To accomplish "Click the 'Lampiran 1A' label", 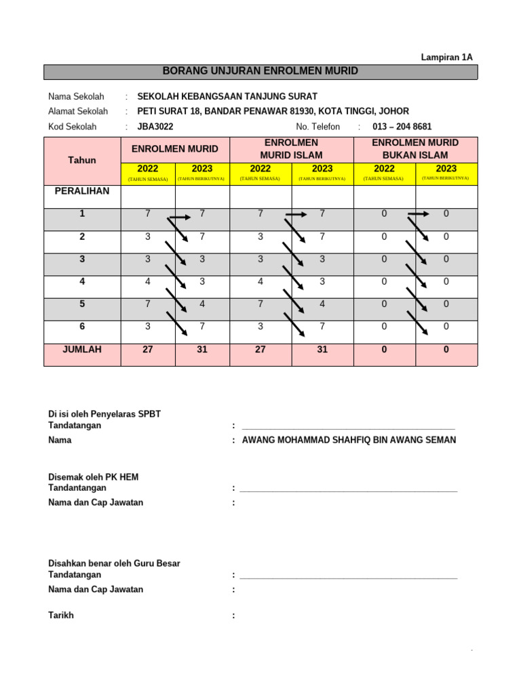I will click(447, 58).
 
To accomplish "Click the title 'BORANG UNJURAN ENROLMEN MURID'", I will click(261, 71).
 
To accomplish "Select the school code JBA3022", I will click(155, 127).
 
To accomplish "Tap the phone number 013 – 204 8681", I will click(402, 127).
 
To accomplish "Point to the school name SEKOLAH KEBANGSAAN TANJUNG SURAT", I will click(227, 96).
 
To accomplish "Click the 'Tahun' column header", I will click(82, 161).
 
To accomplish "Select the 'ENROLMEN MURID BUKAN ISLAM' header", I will click(415, 149).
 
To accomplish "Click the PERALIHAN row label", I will click(82, 192).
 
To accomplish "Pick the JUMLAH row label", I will click(82, 350).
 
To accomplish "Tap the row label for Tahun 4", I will click(82, 281).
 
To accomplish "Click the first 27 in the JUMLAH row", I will click(148, 350).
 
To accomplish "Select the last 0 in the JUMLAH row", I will click(446, 350).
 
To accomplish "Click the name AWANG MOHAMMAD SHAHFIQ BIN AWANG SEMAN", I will click(349, 440).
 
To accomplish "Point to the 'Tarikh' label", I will click(61, 615).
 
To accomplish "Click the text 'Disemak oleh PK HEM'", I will click(93, 477).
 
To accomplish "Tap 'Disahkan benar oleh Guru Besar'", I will click(114, 563).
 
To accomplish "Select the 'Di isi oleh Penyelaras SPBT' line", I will click(104, 414).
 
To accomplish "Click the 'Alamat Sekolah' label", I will click(78, 111).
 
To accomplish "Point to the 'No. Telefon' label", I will click(317, 127).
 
